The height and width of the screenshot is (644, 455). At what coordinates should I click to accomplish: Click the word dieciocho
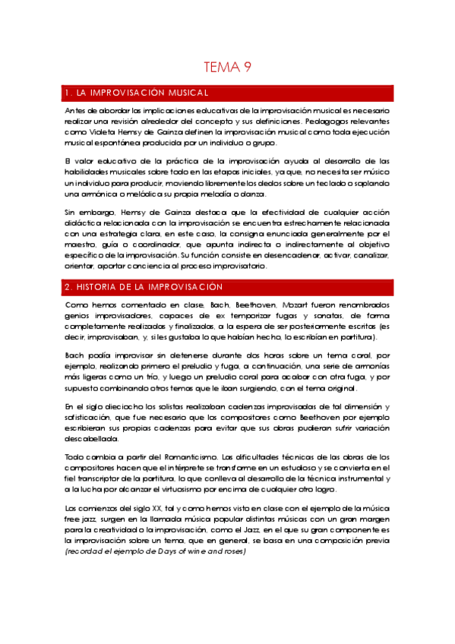pos(113,407)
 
